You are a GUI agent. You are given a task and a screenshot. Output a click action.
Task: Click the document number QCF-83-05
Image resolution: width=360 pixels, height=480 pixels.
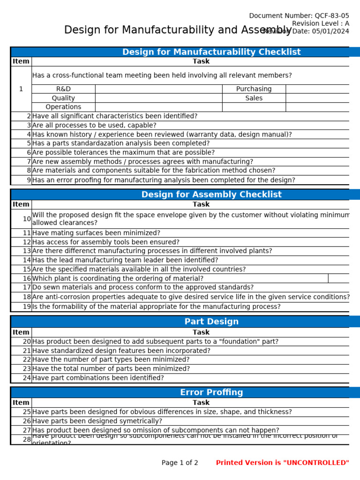pyautogui.click(x=331, y=15)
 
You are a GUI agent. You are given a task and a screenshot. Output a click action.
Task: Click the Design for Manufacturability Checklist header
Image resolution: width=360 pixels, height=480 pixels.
pyautogui.click(x=211, y=52)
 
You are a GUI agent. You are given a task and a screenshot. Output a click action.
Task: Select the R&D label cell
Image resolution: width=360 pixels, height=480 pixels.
pyautogui.click(x=63, y=89)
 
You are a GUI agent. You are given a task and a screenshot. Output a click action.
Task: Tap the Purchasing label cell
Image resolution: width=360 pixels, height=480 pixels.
pyautogui.click(x=254, y=89)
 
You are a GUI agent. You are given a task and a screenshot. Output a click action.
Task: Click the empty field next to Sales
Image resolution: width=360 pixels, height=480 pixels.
pyautogui.click(x=317, y=98)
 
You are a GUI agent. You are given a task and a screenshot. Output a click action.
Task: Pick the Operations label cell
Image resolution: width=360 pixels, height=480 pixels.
pyautogui.click(x=63, y=107)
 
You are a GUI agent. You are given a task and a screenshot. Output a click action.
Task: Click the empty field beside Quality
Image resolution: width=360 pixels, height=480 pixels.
pyautogui.click(x=158, y=98)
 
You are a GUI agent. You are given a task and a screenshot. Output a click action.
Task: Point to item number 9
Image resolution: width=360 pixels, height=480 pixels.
pyautogui.click(x=29, y=180)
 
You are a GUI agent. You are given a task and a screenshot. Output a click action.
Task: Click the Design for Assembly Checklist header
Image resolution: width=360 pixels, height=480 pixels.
pyautogui.click(x=211, y=195)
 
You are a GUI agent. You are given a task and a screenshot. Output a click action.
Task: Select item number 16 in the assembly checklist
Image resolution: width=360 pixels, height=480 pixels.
pyautogui.click(x=27, y=278)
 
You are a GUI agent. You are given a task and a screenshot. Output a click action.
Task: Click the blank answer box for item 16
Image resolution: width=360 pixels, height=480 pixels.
pyautogui.click(x=338, y=278)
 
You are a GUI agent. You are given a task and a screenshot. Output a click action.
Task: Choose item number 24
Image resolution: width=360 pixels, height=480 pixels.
pyautogui.click(x=27, y=378)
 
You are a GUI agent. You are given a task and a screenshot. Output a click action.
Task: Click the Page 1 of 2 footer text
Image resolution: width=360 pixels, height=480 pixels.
pyautogui.click(x=180, y=463)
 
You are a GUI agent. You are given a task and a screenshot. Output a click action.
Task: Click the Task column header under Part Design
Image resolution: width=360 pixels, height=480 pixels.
pyautogui.click(x=201, y=332)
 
